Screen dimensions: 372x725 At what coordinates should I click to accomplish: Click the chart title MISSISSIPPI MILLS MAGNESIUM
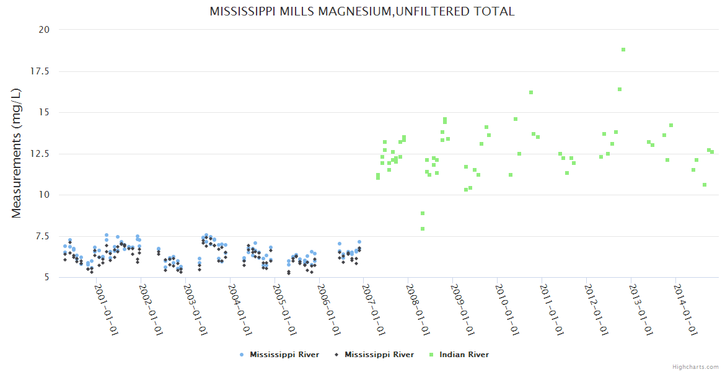362,12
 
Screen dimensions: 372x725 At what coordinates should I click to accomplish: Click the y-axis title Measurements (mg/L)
17,153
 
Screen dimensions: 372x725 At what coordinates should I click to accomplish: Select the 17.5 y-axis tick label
41,71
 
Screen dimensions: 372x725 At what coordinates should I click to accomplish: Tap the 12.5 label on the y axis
41,153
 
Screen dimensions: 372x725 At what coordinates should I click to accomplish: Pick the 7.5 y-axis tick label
43,236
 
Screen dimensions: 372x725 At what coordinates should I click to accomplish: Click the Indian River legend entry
464,355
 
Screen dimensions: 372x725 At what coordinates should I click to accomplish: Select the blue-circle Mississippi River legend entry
284,355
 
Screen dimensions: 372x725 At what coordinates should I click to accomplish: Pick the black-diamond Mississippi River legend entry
379,355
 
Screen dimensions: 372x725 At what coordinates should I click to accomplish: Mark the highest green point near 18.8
623,50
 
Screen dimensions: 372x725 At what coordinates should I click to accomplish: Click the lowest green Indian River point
423,229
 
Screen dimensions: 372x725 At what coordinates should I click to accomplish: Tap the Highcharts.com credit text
695,367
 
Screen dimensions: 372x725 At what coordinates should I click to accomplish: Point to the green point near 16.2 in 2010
531,92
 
